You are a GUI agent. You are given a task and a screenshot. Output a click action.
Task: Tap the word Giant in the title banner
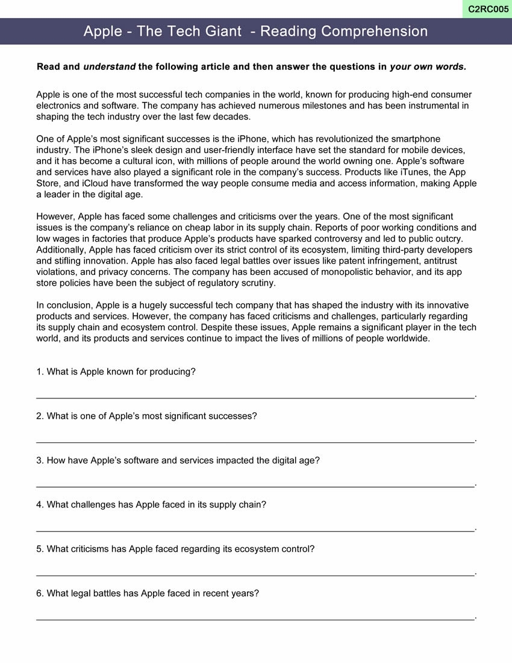[220, 31]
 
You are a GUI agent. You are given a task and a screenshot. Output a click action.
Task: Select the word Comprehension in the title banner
[375, 31]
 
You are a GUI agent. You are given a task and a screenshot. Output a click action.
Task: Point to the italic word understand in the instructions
[109, 67]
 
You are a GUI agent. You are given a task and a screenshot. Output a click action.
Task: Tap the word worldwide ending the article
[407, 338]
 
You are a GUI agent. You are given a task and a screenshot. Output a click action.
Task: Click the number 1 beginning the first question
[39, 372]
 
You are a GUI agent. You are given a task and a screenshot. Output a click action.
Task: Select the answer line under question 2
[255, 442]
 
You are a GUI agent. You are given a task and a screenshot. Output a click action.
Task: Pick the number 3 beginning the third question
[39, 460]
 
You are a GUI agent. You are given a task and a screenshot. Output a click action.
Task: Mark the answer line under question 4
[255, 530]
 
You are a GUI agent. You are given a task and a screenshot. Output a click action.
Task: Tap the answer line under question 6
[255, 619]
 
